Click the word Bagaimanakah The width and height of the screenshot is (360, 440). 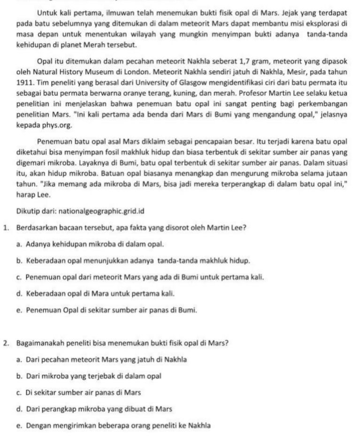38,342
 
